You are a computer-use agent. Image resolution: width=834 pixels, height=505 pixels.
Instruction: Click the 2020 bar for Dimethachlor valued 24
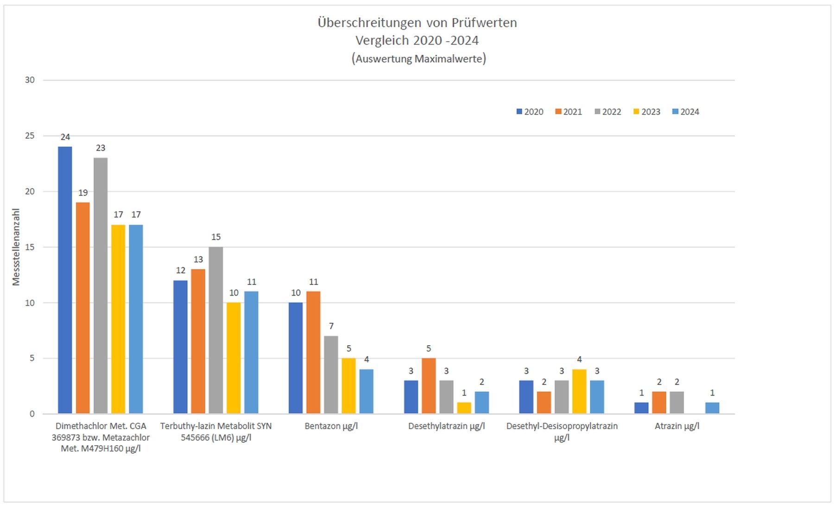click(x=65, y=280)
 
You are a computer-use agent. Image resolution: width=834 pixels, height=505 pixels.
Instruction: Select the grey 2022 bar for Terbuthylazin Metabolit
click(x=215, y=330)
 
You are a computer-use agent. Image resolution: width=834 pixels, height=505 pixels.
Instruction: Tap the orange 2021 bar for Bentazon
click(x=313, y=352)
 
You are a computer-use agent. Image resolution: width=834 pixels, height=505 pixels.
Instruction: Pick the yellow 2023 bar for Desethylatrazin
click(x=464, y=408)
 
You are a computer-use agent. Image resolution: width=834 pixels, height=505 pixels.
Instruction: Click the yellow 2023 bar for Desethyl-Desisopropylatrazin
click(x=579, y=391)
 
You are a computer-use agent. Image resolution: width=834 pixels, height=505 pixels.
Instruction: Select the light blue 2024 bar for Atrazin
click(x=712, y=408)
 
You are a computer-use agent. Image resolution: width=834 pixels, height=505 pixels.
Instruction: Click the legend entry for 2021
click(x=569, y=112)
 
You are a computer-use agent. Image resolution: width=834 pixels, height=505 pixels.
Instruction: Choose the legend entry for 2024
click(x=686, y=112)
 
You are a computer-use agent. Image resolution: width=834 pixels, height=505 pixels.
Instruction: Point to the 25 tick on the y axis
click(x=30, y=136)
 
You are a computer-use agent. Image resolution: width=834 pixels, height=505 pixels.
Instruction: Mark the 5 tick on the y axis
click(x=32, y=358)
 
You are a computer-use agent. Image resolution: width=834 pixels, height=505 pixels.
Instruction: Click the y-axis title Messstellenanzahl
click(x=16, y=247)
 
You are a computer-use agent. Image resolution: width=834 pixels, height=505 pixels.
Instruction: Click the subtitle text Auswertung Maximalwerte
click(x=418, y=59)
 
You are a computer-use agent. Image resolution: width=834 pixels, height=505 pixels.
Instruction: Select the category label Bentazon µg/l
click(x=331, y=426)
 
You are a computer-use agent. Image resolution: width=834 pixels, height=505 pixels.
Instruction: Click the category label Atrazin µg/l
click(x=676, y=426)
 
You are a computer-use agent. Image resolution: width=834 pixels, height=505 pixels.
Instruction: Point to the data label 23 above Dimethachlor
click(x=101, y=148)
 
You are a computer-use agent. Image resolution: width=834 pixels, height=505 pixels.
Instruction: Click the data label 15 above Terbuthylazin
click(x=216, y=237)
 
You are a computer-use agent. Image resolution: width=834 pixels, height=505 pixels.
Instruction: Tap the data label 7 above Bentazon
click(x=331, y=326)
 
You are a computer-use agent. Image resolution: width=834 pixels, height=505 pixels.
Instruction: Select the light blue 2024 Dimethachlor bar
click(x=136, y=320)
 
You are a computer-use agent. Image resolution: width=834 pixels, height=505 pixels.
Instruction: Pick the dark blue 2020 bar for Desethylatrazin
click(x=411, y=397)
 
